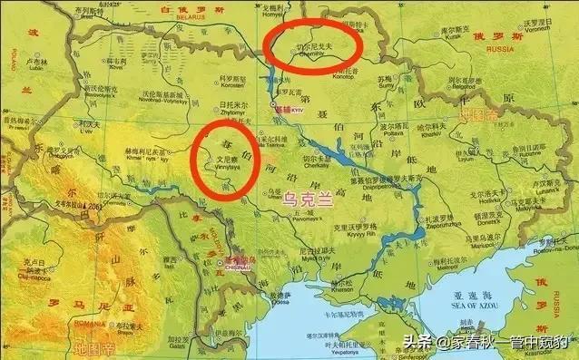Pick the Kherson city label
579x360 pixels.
pos(345,268)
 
